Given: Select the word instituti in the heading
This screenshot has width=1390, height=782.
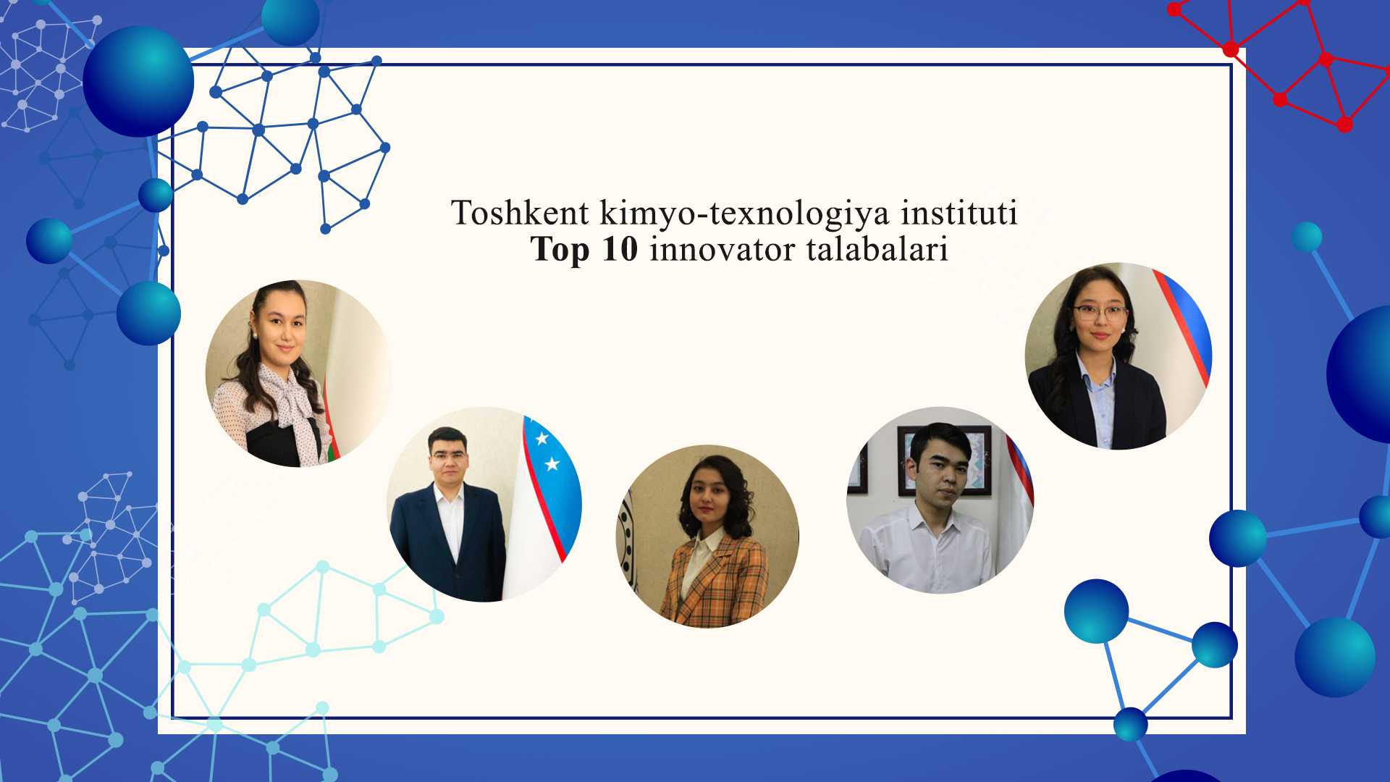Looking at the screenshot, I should [959, 213].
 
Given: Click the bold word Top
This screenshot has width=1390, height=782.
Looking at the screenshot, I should [560, 250].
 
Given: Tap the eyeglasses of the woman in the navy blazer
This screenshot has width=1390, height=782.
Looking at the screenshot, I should [1099, 314].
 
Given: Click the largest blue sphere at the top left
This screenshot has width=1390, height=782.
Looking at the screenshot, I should [138, 82].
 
